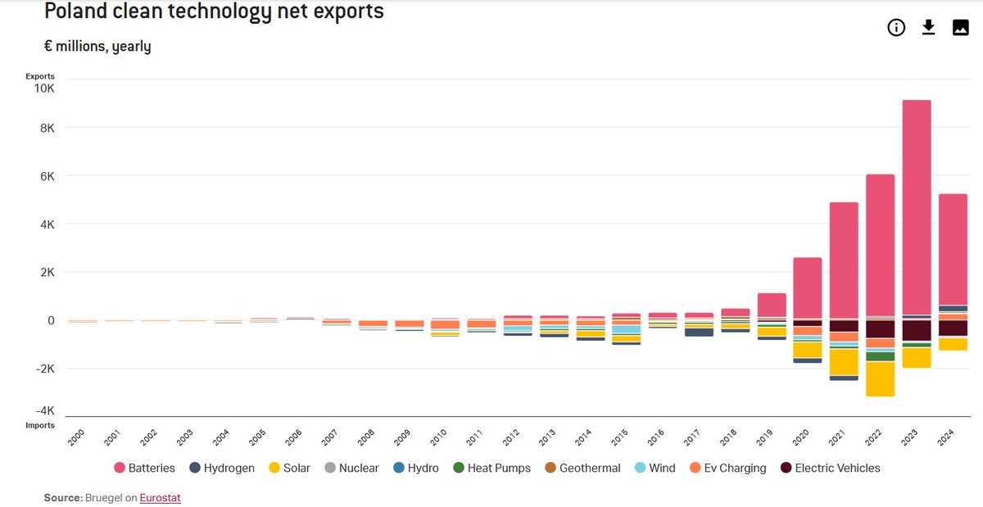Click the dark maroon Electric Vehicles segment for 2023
[x=917, y=329]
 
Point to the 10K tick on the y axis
[x=43, y=88]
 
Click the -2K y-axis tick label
[x=43, y=369]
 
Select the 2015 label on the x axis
[x=620, y=436]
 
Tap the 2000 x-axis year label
[x=75, y=436]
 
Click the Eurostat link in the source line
[x=160, y=497]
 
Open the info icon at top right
[x=896, y=28]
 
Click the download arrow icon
[x=928, y=28]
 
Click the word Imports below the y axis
[x=39, y=425]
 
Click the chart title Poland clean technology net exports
[x=214, y=11]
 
